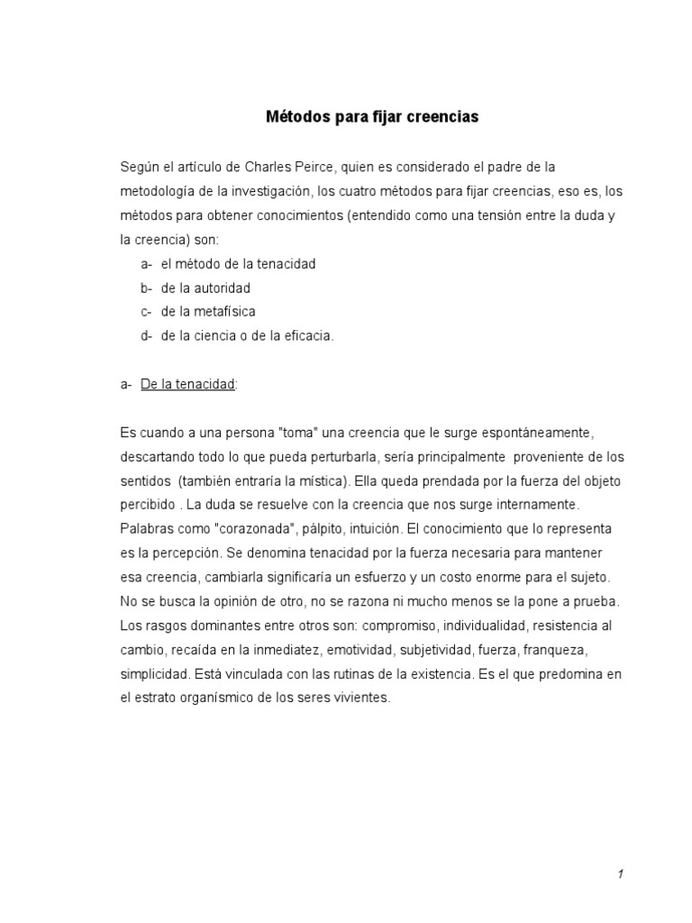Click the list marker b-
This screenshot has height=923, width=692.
pos(146,288)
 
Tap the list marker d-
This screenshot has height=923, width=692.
pos(146,336)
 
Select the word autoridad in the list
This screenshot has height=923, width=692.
pos(221,288)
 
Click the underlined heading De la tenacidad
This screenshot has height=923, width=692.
pos(188,384)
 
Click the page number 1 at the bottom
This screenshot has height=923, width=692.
pos(621,874)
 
